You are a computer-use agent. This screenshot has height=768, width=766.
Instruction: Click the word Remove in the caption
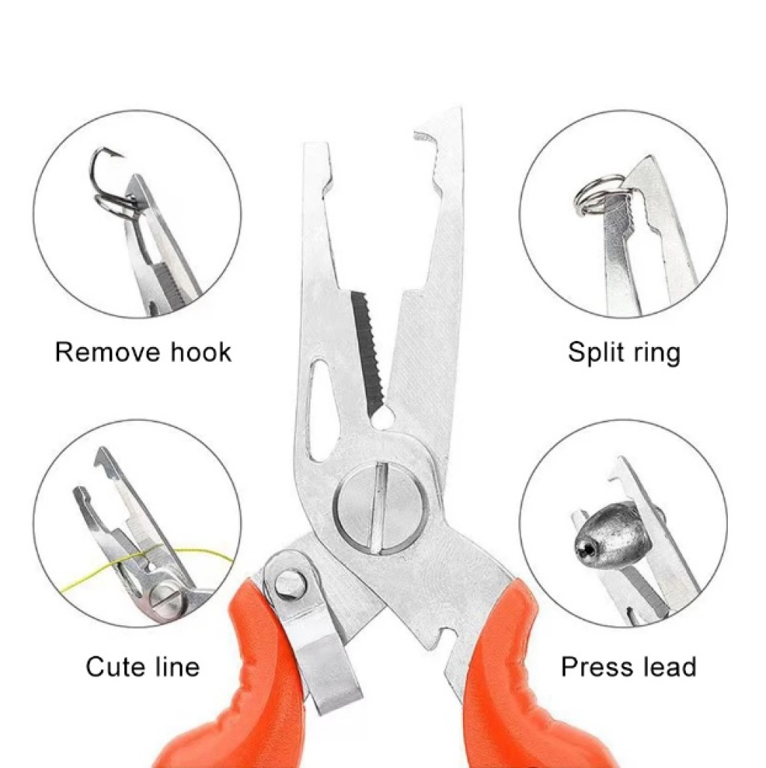pyautogui.click(x=108, y=352)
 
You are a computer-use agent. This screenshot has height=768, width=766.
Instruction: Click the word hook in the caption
pyautogui.click(x=201, y=352)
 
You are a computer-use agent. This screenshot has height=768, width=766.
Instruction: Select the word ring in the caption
pyautogui.click(x=656, y=354)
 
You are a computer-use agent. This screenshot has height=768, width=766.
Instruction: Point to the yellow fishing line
pyautogui.click(x=147, y=563)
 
